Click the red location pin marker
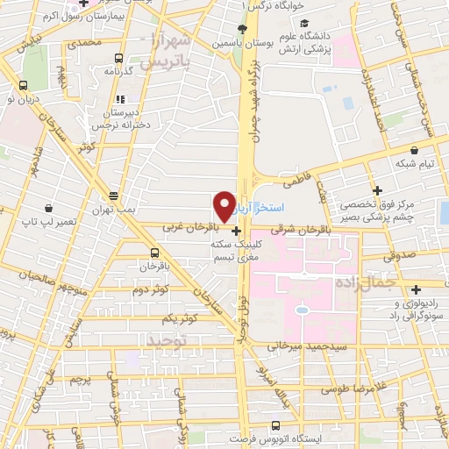pos(224,205)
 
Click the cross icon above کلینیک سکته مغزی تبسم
pos(236,231)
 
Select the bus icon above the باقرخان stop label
pos(154,252)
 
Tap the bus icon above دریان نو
pos(22,86)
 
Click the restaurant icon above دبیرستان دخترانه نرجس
pos(120,99)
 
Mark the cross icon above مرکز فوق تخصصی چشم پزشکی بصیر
pos(378,190)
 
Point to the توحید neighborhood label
pos(167,339)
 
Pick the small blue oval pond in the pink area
pos(302,310)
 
